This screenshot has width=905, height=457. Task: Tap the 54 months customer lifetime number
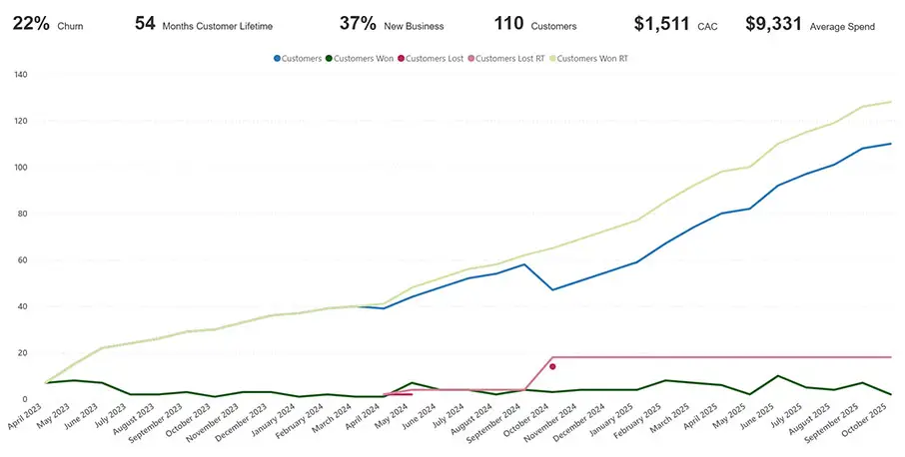point(146,24)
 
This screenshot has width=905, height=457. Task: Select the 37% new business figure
point(358,24)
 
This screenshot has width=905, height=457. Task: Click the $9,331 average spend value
point(774,24)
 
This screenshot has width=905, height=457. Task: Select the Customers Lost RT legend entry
point(509,59)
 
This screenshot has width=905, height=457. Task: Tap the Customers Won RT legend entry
point(591,59)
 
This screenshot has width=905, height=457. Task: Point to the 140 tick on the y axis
point(19,75)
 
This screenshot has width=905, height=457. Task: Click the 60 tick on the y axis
point(22,260)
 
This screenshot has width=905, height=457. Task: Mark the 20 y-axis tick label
point(22,353)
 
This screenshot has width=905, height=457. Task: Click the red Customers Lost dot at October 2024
point(552,367)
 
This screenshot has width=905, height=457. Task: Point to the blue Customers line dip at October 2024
point(552,290)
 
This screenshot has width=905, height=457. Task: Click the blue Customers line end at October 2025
point(890,144)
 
